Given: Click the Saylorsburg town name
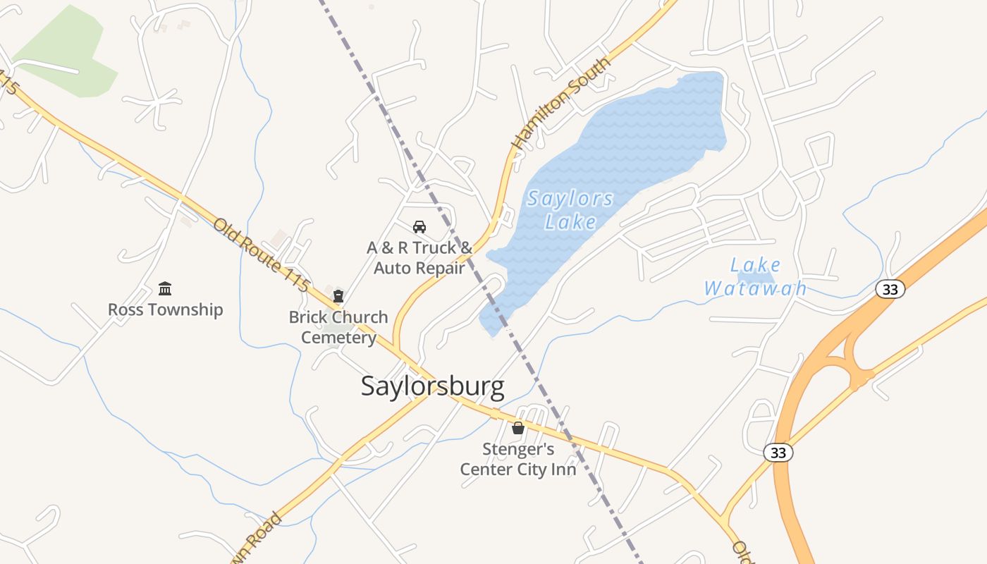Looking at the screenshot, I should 432,386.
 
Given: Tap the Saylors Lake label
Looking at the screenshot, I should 570,210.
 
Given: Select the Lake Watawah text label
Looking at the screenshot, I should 755,277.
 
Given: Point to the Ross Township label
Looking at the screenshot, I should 165,309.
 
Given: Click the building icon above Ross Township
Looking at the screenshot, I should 165,288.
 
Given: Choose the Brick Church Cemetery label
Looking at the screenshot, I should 338,327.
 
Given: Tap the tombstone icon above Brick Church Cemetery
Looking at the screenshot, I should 338,296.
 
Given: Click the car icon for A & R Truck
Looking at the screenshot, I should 419,227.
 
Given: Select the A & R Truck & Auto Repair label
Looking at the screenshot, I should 419,258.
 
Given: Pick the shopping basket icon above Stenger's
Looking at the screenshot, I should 518,428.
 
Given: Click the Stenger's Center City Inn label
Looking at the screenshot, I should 518,459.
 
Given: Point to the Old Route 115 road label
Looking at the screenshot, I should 262,255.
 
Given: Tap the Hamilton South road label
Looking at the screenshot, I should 561,104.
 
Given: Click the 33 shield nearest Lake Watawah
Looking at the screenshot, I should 890,288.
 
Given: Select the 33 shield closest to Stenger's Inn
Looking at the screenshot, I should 778,453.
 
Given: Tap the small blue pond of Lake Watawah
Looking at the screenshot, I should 758,278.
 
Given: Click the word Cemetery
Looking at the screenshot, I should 338,338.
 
